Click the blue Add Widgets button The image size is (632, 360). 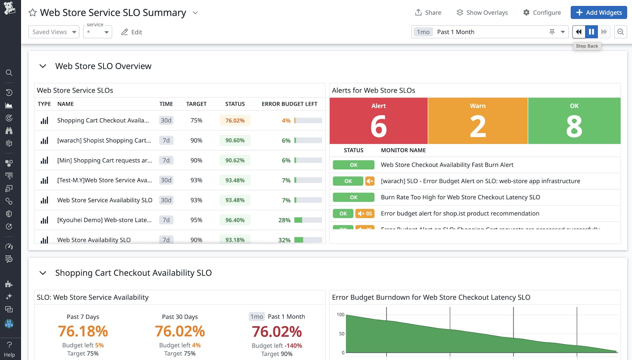[x=598, y=12]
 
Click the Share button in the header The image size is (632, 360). [x=428, y=12]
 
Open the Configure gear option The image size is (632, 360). [x=542, y=12]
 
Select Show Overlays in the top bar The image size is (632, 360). [x=482, y=12]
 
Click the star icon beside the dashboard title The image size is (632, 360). [x=32, y=13]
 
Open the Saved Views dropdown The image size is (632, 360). [x=54, y=32]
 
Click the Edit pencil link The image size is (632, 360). [x=132, y=32]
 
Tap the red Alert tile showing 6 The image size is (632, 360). [x=378, y=121]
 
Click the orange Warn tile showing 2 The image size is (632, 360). [x=478, y=121]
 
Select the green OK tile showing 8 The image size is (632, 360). [x=574, y=121]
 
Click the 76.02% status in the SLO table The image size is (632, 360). [x=235, y=120]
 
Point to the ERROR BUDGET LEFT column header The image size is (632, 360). [x=289, y=104]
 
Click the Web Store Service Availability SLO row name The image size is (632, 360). [x=104, y=200]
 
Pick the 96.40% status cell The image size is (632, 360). [x=235, y=220]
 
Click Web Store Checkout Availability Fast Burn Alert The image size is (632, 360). [x=447, y=165]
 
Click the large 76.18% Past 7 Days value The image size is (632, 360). [x=83, y=331]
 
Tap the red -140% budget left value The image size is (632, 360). [x=293, y=346]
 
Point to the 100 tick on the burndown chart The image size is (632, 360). [x=340, y=315]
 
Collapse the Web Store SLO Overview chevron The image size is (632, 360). [x=43, y=66]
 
